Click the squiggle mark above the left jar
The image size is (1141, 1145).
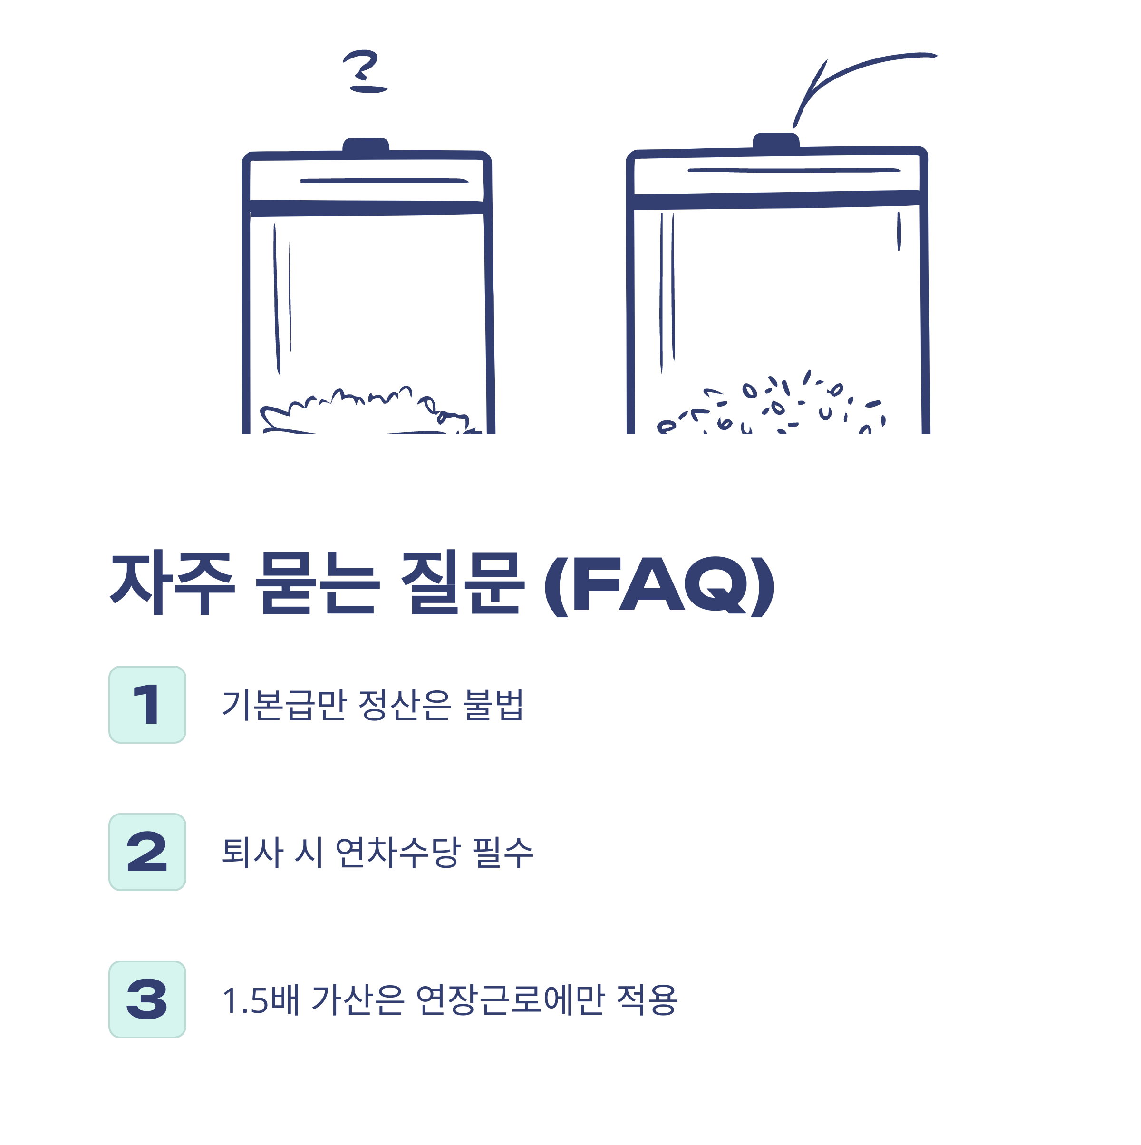(364, 71)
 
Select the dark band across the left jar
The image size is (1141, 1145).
(367, 208)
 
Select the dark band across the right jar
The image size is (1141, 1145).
(776, 200)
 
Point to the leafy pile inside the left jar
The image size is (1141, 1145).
(367, 412)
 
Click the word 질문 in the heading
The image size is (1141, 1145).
(463, 584)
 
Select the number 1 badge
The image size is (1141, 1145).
(147, 705)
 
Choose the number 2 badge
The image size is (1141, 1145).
(147, 852)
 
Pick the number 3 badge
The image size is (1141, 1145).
(147, 999)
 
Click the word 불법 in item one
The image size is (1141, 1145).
(494, 705)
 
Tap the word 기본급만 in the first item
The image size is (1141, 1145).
(284, 705)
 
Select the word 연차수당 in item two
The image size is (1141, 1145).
(398, 852)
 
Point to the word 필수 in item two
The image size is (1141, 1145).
(503, 852)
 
